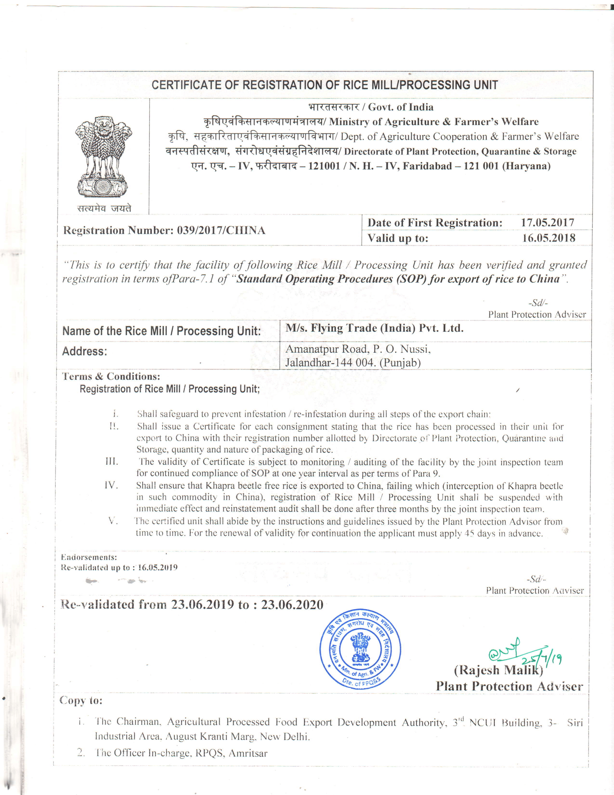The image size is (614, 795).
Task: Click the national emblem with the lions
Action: [x=103, y=156]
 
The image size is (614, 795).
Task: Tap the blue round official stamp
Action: [x=360, y=649]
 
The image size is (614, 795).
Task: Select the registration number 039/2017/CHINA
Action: [x=221, y=231]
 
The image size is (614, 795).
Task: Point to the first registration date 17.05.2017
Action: [x=548, y=222]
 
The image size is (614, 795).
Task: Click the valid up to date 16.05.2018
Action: [x=549, y=238]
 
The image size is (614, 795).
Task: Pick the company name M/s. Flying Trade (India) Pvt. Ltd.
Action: [x=374, y=328]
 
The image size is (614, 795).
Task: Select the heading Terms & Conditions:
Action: [x=111, y=376]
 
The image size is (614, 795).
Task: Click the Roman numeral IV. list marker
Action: [x=111, y=485]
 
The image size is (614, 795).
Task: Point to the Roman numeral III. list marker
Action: [x=112, y=461]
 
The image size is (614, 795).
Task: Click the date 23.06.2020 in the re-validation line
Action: [x=292, y=605]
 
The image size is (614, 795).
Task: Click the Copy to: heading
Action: [x=81, y=700]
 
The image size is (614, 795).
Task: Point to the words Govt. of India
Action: [x=401, y=107]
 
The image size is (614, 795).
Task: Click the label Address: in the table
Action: [x=85, y=351]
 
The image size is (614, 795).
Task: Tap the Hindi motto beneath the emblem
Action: [x=104, y=208]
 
